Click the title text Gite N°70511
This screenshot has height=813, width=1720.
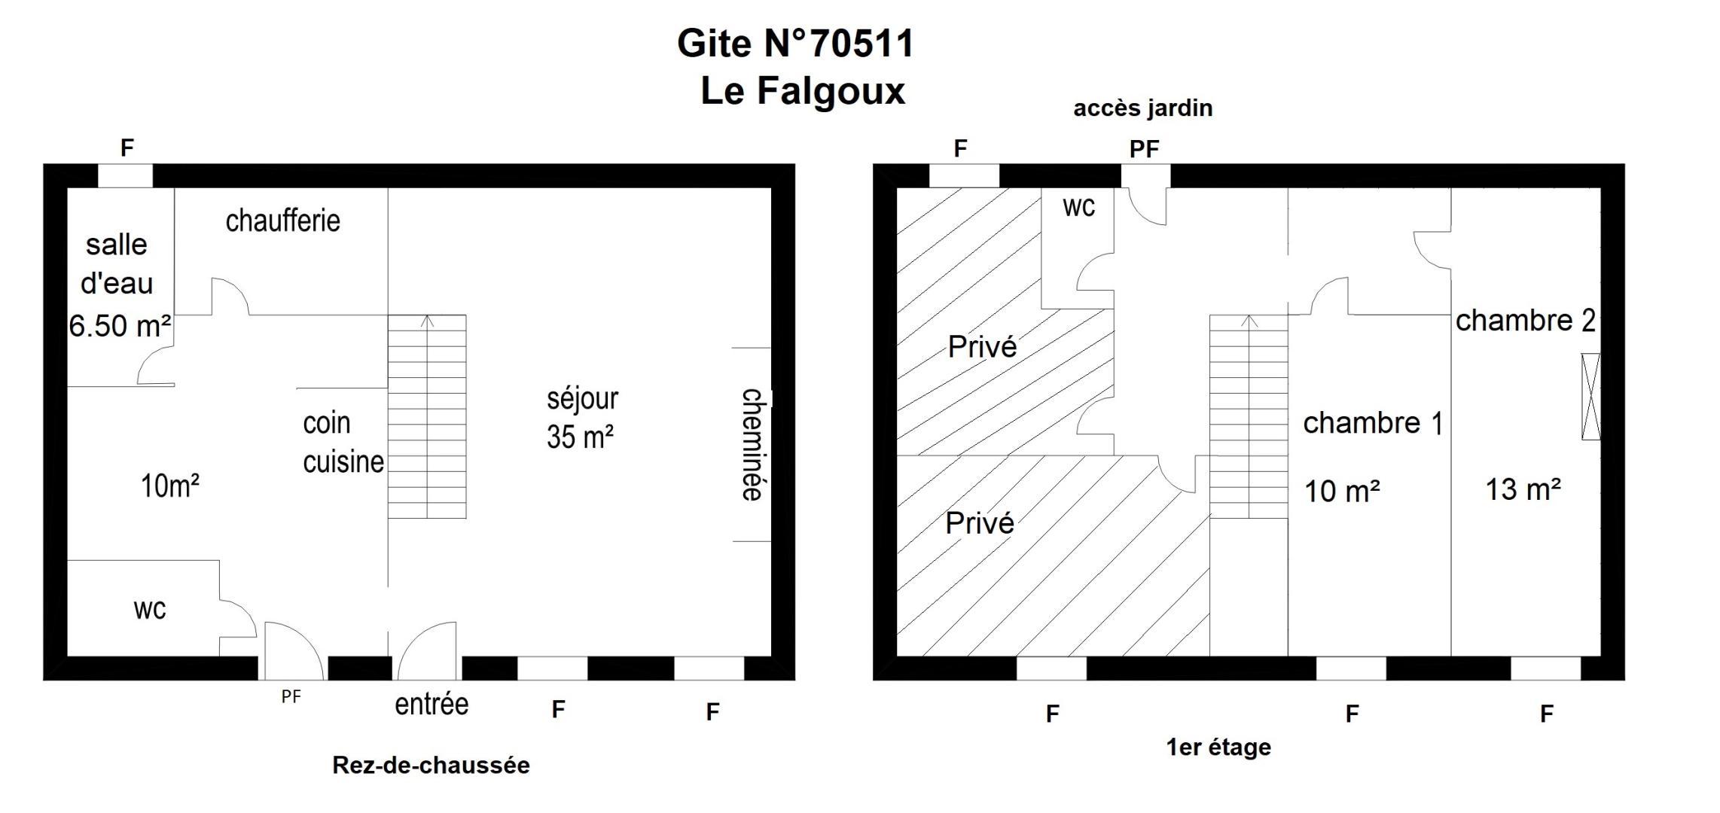(795, 43)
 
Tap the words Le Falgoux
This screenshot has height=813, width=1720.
(803, 90)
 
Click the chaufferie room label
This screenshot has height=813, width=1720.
(283, 221)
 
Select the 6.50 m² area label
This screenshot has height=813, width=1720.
(120, 326)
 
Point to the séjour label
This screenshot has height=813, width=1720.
(583, 398)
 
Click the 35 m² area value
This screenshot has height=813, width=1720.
(580, 437)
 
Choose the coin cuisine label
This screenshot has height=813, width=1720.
(343, 443)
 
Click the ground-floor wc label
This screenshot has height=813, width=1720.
(150, 609)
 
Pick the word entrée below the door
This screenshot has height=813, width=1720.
(432, 704)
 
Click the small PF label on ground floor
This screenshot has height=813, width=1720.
(291, 697)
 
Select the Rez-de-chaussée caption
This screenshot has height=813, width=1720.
(432, 765)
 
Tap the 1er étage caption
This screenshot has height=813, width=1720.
(1218, 747)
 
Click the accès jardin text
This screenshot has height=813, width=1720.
(1143, 108)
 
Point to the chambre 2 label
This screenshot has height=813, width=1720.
(1526, 321)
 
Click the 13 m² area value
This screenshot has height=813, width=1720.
(1523, 489)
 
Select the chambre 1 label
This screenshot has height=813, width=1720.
(1374, 423)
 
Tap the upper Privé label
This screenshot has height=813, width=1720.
(982, 346)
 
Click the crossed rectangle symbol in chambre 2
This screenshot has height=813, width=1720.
(1590, 397)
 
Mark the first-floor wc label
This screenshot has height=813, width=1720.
(1079, 207)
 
